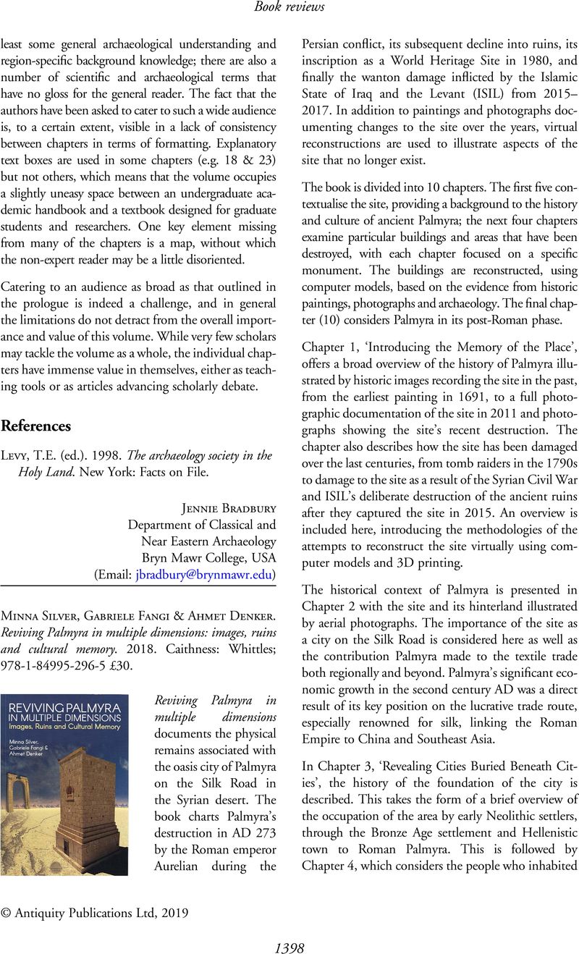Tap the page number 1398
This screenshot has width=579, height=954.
pyautogui.click(x=289, y=947)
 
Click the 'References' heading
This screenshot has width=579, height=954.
pyautogui.click(x=36, y=426)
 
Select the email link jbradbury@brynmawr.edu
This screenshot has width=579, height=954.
pyautogui.click(x=203, y=574)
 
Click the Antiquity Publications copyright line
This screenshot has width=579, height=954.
pyautogui.click(x=95, y=913)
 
